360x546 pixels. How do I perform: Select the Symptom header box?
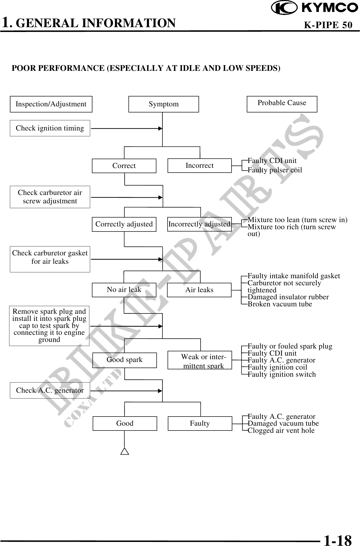click(163, 104)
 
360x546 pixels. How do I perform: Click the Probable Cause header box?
click(282, 104)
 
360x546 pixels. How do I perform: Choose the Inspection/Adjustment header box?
click(51, 104)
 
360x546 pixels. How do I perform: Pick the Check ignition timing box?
click(50, 128)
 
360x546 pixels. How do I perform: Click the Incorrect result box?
click(200, 166)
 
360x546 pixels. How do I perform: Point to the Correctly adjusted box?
click(124, 224)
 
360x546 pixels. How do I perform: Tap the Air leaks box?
click(199, 290)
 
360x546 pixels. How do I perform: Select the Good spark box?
click(125, 360)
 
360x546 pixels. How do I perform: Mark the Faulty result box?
click(200, 423)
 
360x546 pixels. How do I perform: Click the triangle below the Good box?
click(125, 452)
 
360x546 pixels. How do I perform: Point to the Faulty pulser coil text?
click(275, 170)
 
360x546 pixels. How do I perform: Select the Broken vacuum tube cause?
click(280, 304)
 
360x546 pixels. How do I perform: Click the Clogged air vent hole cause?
click(281, 431)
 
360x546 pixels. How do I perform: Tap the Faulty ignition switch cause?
click(282, 374)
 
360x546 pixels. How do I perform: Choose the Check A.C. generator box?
click(50, 390)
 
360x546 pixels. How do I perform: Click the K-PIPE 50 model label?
click(328, 25)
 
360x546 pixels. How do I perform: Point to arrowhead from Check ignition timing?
click(160, 129)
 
